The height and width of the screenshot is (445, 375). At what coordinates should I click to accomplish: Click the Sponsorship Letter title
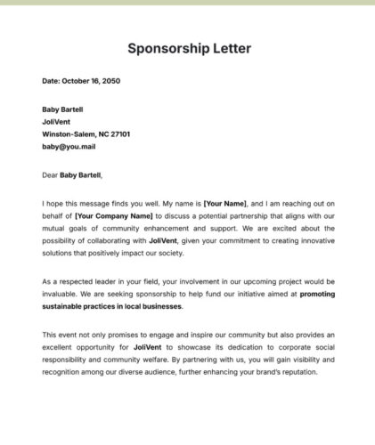point(189,47)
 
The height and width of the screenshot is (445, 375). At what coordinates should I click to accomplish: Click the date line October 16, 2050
point(81,81)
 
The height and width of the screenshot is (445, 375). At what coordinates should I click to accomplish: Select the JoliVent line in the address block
point(56,122)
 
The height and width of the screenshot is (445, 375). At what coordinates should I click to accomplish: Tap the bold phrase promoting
point(317,294)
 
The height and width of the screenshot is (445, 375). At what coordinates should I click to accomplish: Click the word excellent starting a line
point(61,347)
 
